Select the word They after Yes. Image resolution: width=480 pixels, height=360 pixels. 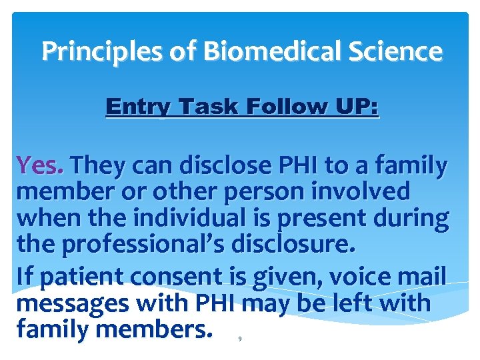point(101,165)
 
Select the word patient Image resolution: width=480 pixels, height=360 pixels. point(71,275)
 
